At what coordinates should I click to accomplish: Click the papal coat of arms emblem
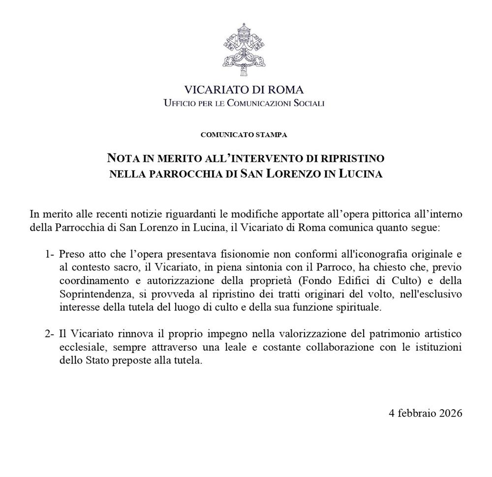click(x=244, y=49)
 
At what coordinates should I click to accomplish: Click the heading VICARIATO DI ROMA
click(x=244, y=90)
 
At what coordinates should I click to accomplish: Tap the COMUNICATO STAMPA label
click(x=244, y=134)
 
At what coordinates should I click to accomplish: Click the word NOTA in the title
click(x=122, y=158)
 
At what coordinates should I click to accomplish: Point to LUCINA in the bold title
click(x=361, y=174)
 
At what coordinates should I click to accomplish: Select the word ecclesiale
click(x=80, y=347)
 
